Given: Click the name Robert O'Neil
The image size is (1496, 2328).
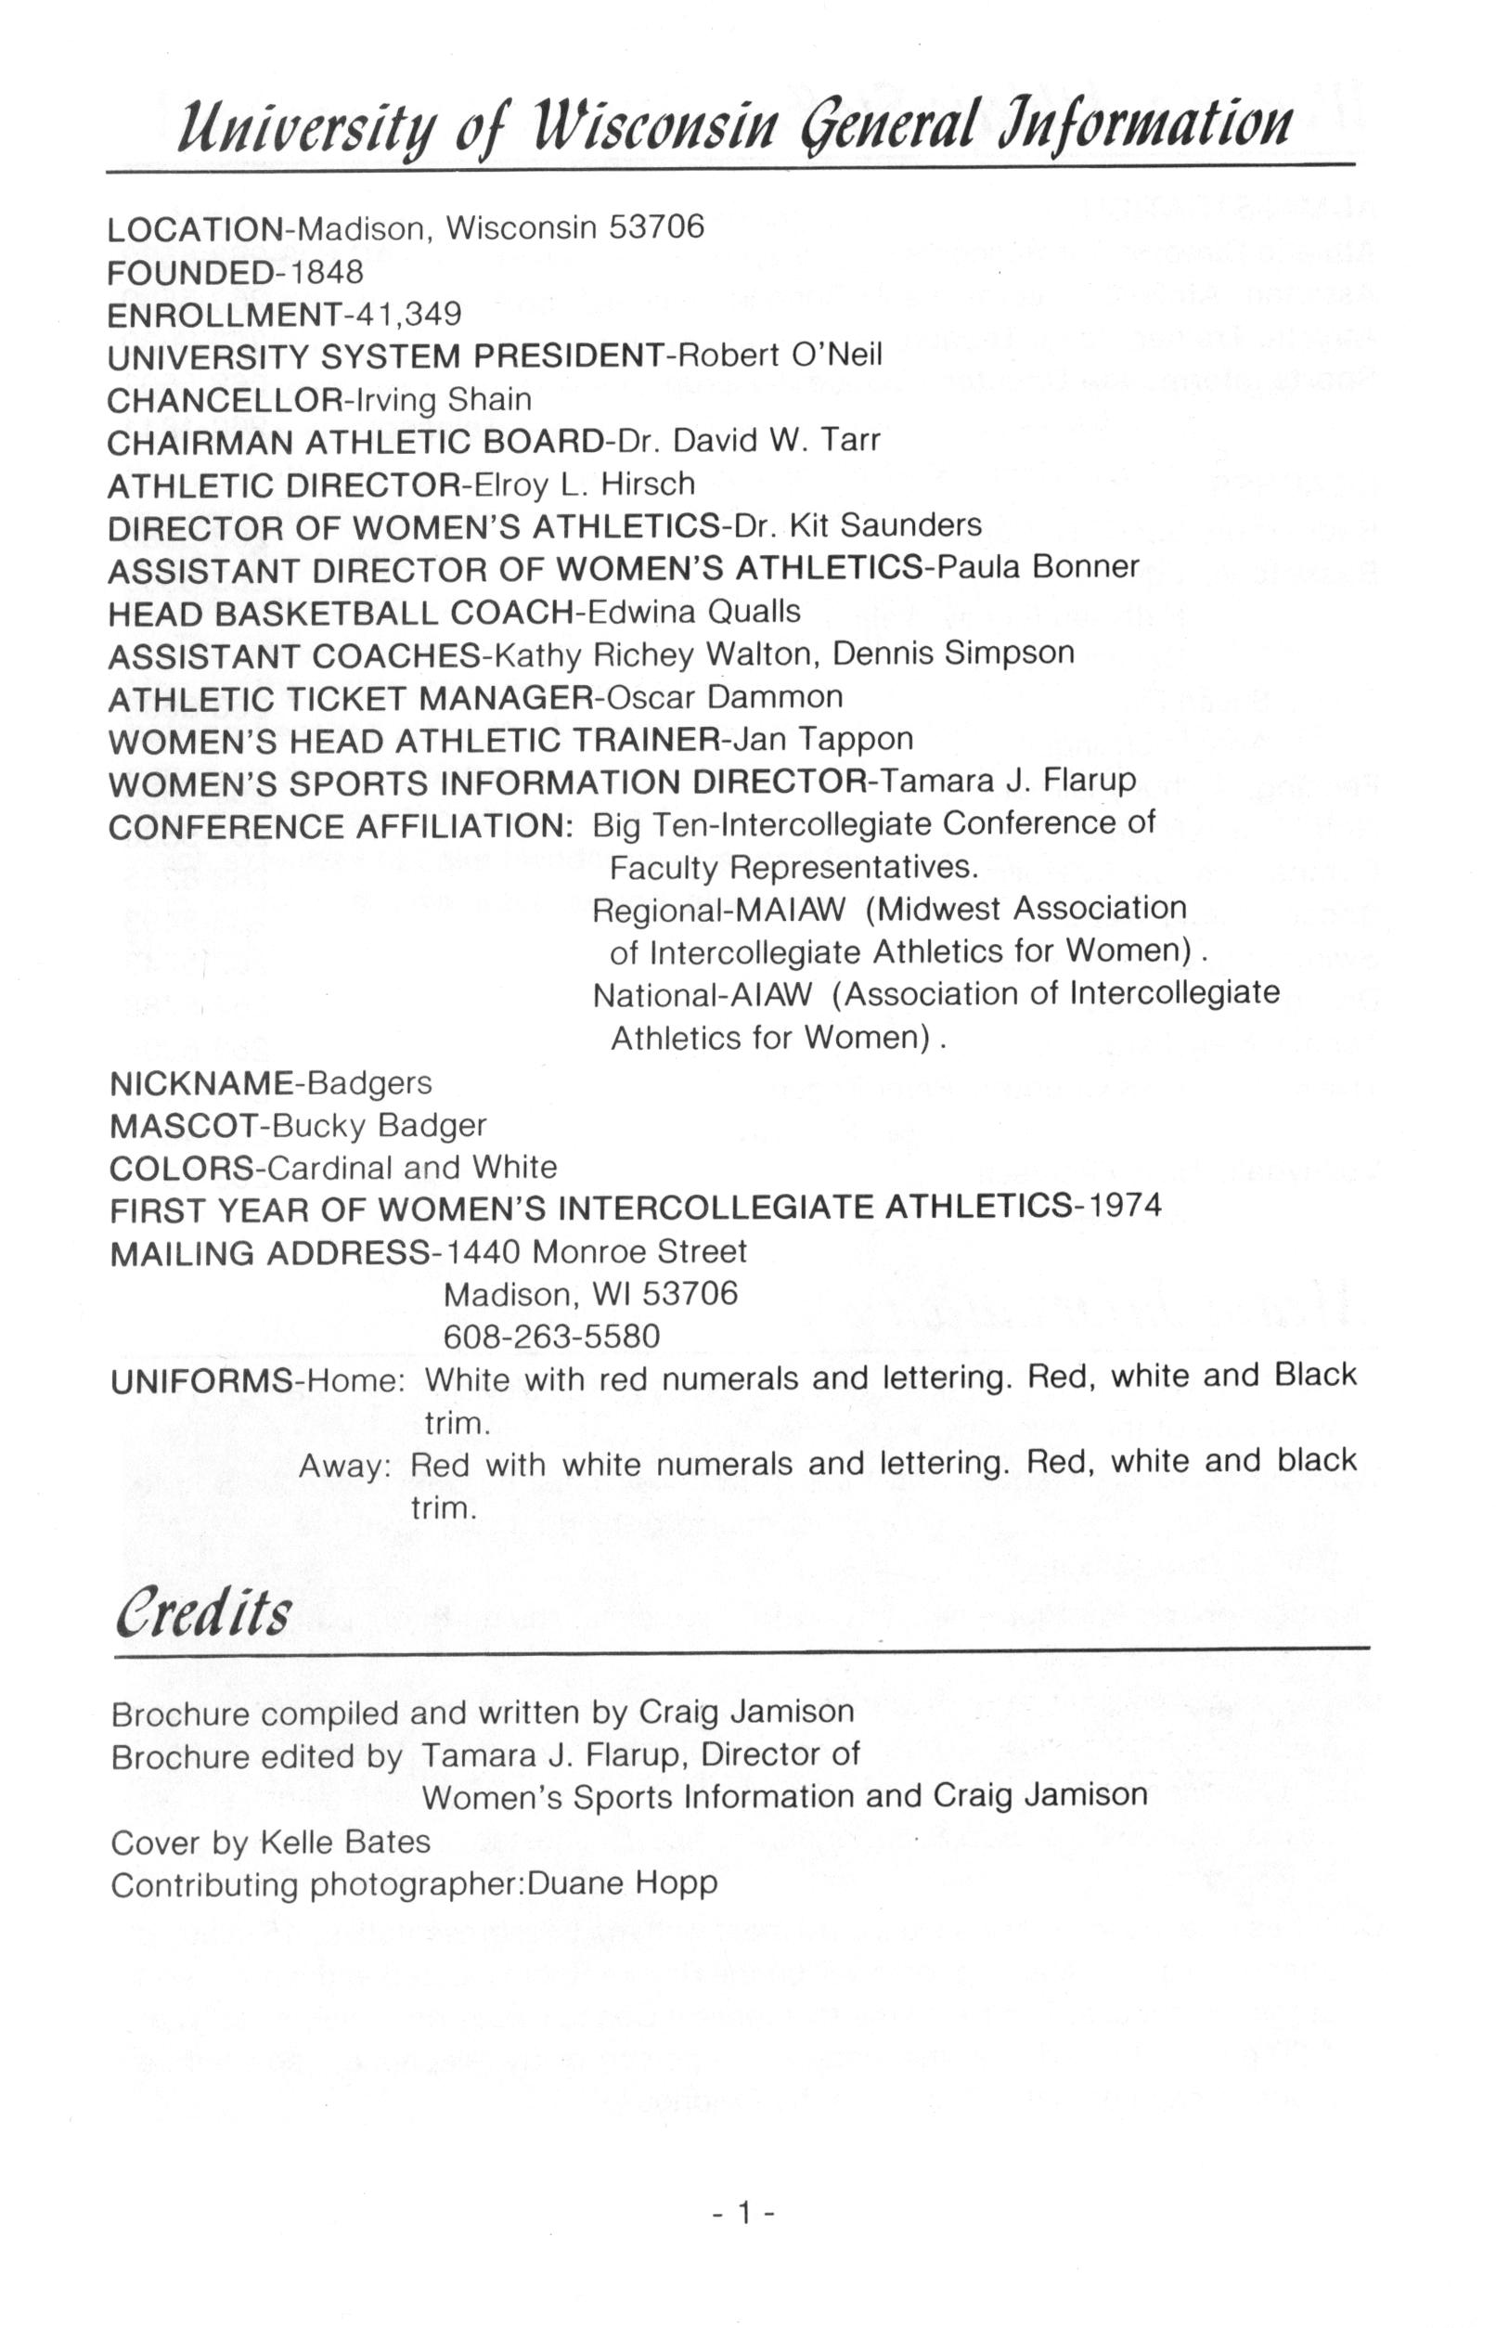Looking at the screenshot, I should (x=779, y=356).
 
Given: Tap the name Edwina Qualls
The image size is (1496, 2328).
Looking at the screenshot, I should (x=694, y=612).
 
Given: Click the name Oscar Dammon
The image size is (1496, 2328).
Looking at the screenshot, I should (x=723, y=698).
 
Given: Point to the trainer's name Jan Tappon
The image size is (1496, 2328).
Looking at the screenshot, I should (x=823, y=740).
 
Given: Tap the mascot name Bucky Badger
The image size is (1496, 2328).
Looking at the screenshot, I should (x=380, y=1126).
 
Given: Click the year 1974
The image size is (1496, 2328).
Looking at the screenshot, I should (x=1124, y=1207).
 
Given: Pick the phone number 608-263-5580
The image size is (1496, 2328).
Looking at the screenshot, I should (x=552, y=1337).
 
